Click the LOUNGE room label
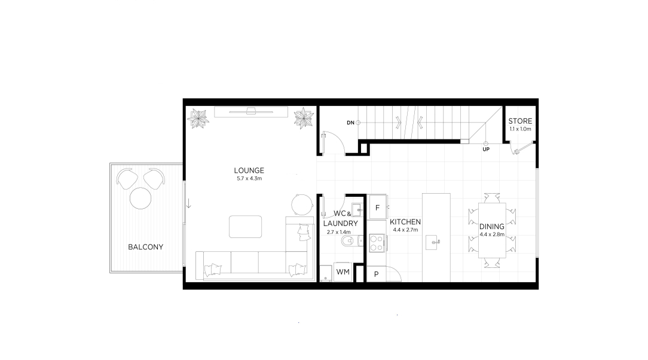pyautogui.click(x=249, y=170)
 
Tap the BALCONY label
pyautogui.click(x=145, y=247)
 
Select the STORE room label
pyautogui.click(x=520, y=121)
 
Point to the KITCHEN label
pyautogui.click(x=405, y=222)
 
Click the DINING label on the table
pyautogui.click(x=492, y=227)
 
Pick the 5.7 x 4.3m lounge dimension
pyautogui.click(x=249, y=179)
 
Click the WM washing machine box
pyautogui.click(x=343, y=272)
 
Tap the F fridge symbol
pyautogui.click(x=377, y=208)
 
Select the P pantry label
pyautogui.click(x=377, y=274)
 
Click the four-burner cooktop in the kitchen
pyautogui.click(x=377, y=243)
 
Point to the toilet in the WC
pyautogui.click(x=349, y=241)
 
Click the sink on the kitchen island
pyautogui.click(x=433, y=242)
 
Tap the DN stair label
pyautogui.click(x=350, y=123)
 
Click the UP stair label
pyautogui.click(x=486, y=150)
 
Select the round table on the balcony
pyautogui.click(x=140, y=199)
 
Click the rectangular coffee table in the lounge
pyautogui.click(x=246, y=227)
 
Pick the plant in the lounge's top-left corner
pyautogui.click(x=198, y=118)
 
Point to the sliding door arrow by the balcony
pyautogui.click(x=189, y=203)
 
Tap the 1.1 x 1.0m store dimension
pyautogui.click(x=520, y=129)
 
